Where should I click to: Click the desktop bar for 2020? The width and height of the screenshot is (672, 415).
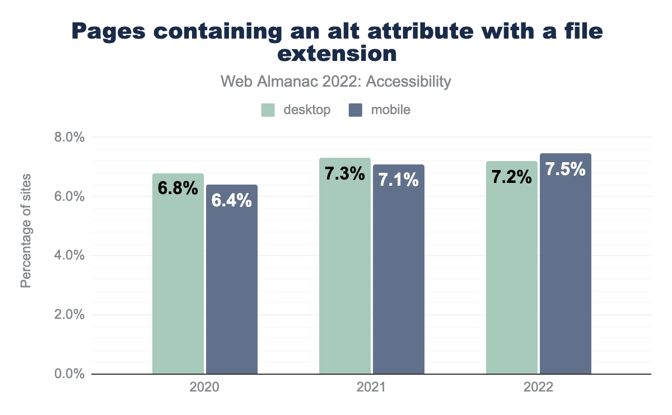(x=178, y=280)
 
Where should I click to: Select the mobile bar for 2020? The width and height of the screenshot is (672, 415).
(x=232, y=285)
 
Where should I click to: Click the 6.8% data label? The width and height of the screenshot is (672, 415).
(x=178, y=188)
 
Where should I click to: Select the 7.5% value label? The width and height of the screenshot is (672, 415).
(x=566, y=169)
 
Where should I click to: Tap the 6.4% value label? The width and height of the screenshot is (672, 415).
(x=232, y=200)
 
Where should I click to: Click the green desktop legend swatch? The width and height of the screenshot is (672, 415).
(x=268, y=110)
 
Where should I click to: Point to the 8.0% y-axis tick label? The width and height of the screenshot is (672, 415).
(x=69, y=138)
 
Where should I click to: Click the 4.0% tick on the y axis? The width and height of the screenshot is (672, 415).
(x=69, y=256)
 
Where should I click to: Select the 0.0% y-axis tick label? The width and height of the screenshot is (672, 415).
(x=69, y=374)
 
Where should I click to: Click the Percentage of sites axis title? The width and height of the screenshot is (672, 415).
(x=26, y=231)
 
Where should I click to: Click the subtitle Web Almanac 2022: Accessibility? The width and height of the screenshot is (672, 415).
(x=336, y=82)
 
